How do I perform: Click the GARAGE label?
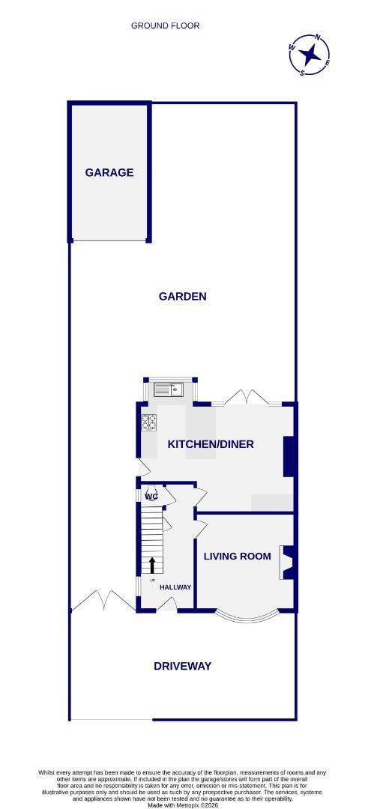[109, 172]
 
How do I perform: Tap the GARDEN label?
[182, 296]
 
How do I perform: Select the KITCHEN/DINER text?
[211, 444]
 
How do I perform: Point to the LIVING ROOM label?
[237, 556]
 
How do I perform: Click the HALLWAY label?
[175, 587]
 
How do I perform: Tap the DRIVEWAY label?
[182, 666]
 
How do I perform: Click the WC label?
[151, 497]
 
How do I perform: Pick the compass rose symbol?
[309, 55]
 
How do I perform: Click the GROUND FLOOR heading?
[165, 25]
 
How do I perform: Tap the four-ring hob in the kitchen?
[149, 423]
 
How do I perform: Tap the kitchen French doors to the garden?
[247, 398]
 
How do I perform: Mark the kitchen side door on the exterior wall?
[142, 469]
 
